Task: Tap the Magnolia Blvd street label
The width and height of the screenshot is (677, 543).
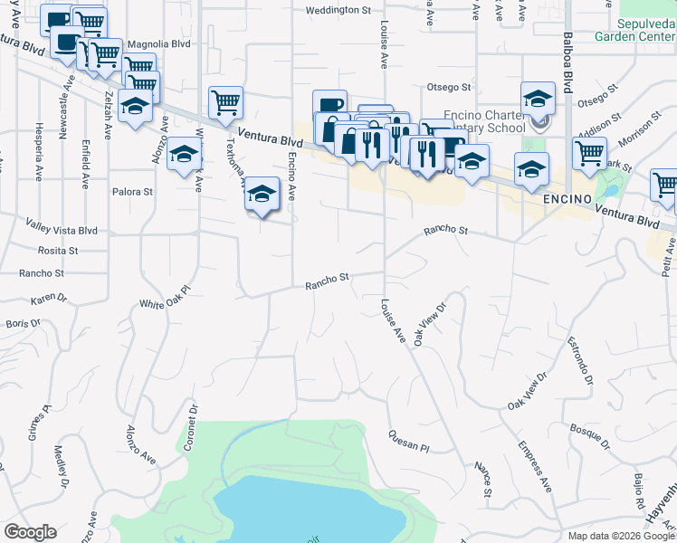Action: (x=159, y=43)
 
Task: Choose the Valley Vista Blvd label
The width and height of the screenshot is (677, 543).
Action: (x=62, y=231)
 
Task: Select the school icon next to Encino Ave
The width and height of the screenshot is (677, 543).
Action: (x=262, y=193)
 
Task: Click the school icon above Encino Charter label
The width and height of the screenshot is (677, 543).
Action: (x=538, y=97)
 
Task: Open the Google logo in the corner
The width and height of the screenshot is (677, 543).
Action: (x=31, y=532)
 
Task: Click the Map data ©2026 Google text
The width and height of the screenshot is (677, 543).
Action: (x=621, y=536)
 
